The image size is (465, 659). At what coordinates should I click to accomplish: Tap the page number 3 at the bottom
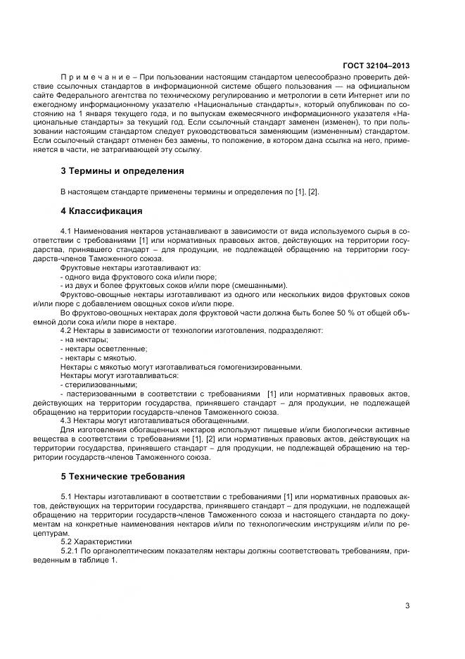click(408, 604)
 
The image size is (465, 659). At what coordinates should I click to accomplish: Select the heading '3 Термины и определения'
click(123, 170)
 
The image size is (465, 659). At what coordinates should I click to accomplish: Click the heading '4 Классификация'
click(102, 211)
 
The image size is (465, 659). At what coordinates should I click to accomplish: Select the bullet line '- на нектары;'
click(79, 339)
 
